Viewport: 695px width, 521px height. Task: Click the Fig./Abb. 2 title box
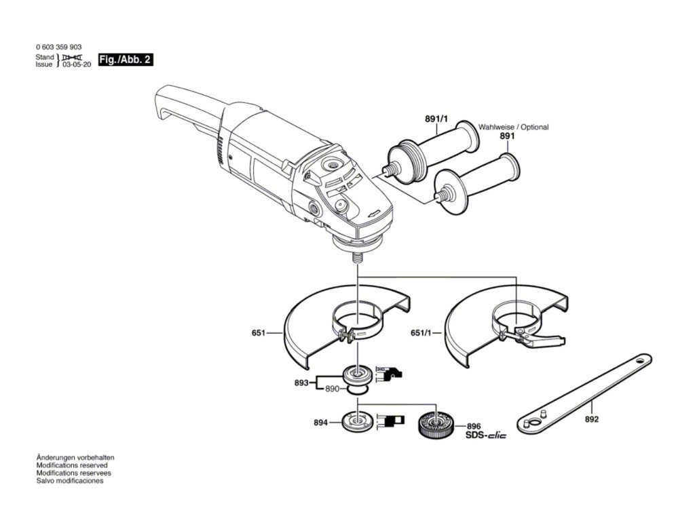pyautogui.click(x=125, y=60)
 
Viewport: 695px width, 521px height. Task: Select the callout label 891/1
pyautogui.click(x=436, y=119)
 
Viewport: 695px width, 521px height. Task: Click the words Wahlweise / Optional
pyautogui.click(x=514, y=127)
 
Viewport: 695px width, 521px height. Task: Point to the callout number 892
pyautogui.click(x=591, y=420)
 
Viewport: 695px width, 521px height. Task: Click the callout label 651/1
pyautogui.click(x=423, y=333)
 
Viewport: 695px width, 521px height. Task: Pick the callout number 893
pyautogui.click(x=301, y=383)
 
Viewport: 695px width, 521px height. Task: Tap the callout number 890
pyautogui.click(x=332, y=389)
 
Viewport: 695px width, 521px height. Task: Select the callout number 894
pyautogui.click(x=321, y=423)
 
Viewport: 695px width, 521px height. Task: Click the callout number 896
pyautogui.click(x=473, y=426)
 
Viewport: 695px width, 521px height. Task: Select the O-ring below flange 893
pyautogui.click(x=358, y=390)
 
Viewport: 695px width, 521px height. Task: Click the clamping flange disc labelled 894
pyautogui.click(x=356, y=423)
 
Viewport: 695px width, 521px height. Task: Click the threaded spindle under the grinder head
pyautogui.click(x=356, y=258)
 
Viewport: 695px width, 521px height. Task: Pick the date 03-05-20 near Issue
pyautogui.click(x=77, y=65)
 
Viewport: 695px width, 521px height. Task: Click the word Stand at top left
pyautogui.click(x=44, y=57)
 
